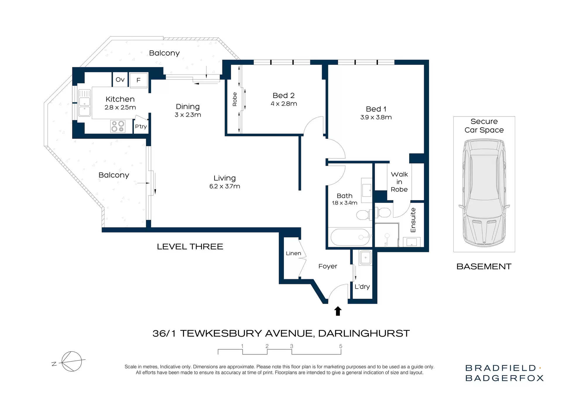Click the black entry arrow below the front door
pos(338,311)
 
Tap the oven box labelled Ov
pos(120,79)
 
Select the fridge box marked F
pos(138,80)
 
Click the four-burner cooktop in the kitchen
pos(118,126)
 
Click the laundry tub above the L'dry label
pos(365,258)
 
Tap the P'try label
pos(141,127)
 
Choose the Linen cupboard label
pos(293,253)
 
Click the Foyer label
pos(328,266)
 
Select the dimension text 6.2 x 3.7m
pos(225,186)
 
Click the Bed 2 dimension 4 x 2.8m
pos(284,104)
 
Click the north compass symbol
pos(70,361)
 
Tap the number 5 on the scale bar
pos(341,346)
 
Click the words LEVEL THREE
pos(190,247)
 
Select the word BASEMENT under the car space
pos(484,267)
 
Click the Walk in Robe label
pos(399,182)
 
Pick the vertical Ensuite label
pos(413,220)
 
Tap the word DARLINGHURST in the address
pos(364,333)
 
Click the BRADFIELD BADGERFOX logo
pos(504,373)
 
